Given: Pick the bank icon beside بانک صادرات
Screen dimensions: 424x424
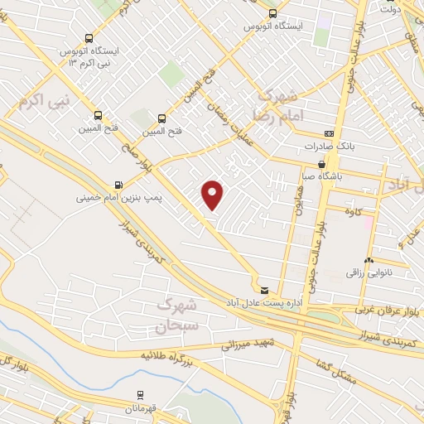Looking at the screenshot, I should (330, 133).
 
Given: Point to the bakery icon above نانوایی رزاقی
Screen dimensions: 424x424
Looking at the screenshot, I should (368, 260).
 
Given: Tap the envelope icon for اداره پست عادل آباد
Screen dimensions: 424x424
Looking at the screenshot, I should (264, 290).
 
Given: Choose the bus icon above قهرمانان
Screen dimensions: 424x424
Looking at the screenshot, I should (140, 395).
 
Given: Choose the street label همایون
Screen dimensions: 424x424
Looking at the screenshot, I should (296, 197).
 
